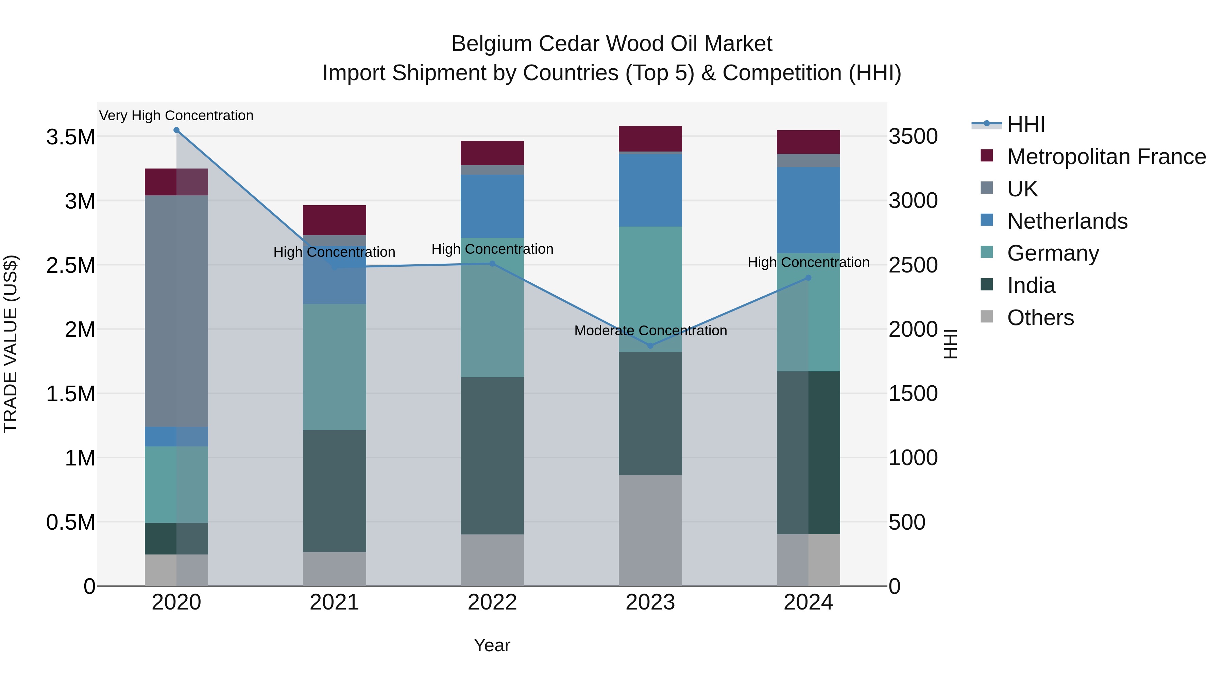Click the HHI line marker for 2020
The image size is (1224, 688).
[176, 130]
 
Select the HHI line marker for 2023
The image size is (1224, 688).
[650, 346]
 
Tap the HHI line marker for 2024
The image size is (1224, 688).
[808, 278]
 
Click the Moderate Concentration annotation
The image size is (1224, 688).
[650, 331]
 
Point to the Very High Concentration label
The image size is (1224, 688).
[176, 116]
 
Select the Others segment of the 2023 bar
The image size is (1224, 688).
[650, 530]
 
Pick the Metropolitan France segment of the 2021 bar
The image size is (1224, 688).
[335, 220]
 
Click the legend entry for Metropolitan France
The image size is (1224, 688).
[1106, 157]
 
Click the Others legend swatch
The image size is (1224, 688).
[987, 317]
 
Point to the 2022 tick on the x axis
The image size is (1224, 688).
[492, 602]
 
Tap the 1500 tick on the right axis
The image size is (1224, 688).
[913, 394]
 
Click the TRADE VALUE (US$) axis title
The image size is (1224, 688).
[11, 344]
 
